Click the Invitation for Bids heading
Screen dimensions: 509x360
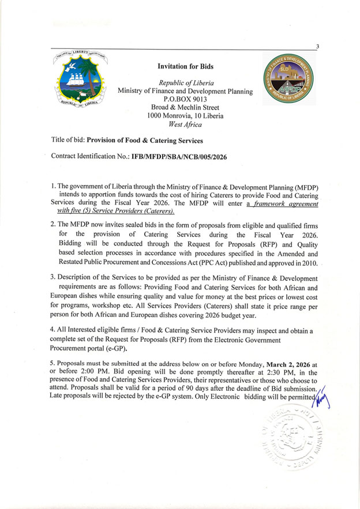coord(185,67)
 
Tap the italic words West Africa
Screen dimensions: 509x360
coord(185,123)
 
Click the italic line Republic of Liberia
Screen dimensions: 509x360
coord(185,83)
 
